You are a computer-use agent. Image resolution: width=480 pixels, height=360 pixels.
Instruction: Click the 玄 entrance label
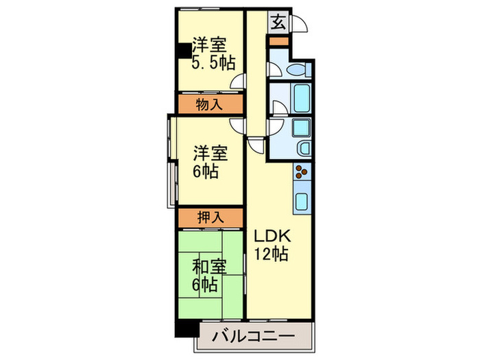pyautogui.click(x=278, y=23)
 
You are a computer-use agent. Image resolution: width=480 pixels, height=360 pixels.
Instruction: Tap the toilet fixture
pyautogui.click(x=297, y=70)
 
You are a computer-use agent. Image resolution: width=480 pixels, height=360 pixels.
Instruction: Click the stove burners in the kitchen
pyautogui.click(x=302, y=173)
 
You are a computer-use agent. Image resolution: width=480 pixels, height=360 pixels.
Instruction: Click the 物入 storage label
pyautogui.click(x=210, y=105)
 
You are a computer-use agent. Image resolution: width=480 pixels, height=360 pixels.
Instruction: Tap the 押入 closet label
pyautogui.click(x=210, y=217)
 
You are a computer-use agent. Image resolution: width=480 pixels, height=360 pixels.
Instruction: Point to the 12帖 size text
pyautogui.click(x=273, y=254)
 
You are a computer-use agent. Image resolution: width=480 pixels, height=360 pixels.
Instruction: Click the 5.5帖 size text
pyautogui.click(x=213, y=63)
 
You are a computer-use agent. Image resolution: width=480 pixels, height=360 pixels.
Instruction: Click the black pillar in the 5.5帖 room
pyautogui.click(x=183, y=51)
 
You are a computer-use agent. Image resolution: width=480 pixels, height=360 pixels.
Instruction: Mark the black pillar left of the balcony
pyautogui.click(x=184, y=328)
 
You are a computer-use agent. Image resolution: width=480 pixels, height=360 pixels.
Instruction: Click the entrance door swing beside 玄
pyautogui.click(x=298, y=25)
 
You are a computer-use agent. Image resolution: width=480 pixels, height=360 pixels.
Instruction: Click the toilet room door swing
pyautogui.click(x=274, y=69)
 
